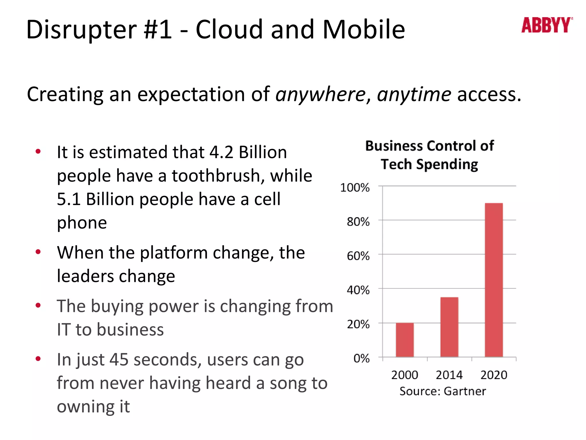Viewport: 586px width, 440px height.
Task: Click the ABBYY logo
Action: (547, 25)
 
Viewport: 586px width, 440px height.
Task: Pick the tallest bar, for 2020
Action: (494, 280)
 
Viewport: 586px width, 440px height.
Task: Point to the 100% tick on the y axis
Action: (355, 188)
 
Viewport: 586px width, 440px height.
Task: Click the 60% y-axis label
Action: (358, 256)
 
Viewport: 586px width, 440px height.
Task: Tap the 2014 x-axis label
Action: (449, 375)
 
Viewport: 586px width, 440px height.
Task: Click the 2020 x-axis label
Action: (494, 375)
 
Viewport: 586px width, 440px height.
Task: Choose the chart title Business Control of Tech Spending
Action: (429, 155)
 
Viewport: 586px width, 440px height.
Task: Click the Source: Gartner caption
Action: (443, 391)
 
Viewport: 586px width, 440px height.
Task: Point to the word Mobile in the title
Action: (364, 30)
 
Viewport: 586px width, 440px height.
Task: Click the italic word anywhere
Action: (320, 95)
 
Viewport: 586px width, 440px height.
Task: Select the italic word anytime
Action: (414, 95)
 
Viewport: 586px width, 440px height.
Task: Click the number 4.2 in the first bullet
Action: (221, 152)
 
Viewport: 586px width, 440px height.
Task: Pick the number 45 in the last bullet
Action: (119, 360)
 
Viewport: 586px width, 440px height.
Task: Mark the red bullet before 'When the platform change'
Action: (38, 252)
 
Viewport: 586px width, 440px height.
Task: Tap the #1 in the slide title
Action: (158, 30)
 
